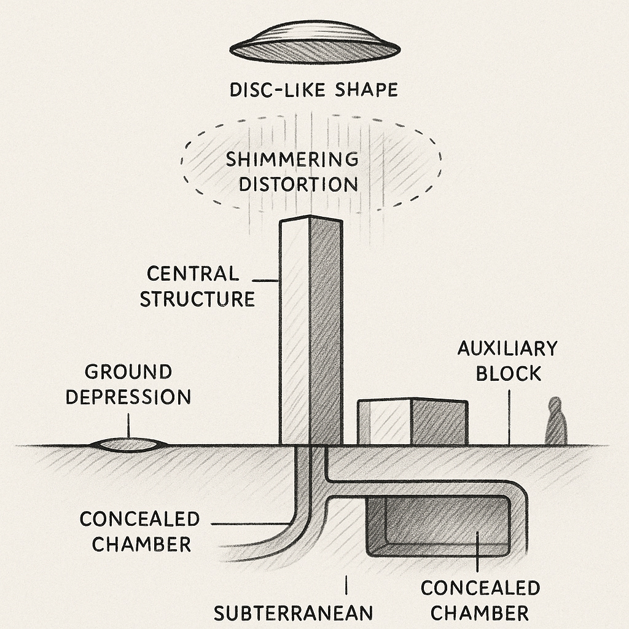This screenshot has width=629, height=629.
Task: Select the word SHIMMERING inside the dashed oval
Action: pyautogui.click(x=292, y=159)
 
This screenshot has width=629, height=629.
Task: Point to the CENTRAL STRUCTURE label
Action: pyautogui.click(x=197, y=286)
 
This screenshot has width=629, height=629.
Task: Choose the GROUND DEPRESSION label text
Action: pyautogui.click(x=128, y=385)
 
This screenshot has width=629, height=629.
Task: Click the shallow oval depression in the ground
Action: pyautogui.click(x=128, y=445)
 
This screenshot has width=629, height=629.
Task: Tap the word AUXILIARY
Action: pyautogui.click(x=507, y=348)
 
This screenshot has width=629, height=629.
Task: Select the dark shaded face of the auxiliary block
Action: pyautogui.click(x=439, y=423)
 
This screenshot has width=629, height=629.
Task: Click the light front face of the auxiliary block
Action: pyautogui.click(x=384, y=424)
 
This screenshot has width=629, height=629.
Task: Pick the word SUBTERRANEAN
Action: pyautogui.click(x=293, y=612)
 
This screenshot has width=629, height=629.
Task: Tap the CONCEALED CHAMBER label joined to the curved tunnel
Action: pyautogui.click(x=140, y=531)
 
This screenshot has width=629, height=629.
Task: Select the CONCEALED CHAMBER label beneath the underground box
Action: pyautogui.click(x=480, y=600)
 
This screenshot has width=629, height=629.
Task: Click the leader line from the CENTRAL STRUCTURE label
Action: pyautogui.click(x=266, y=281)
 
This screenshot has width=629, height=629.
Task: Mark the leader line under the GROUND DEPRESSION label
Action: pyautogui.click(x=128, y=424)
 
